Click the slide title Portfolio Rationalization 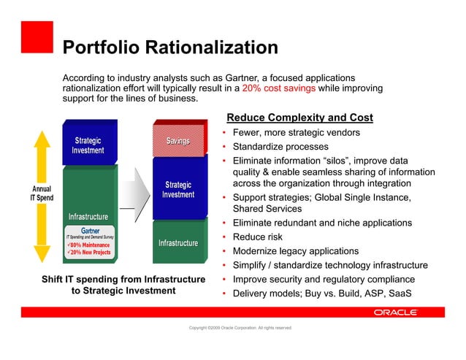click(170, 48)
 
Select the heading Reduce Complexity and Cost click(299, 118)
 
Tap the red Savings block click(177, 140)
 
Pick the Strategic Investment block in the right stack click(177, 190)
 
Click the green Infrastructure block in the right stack click(177, 242)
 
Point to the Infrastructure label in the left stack click(88, 217)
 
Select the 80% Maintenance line click(89, 245)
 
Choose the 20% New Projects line click(89, 253)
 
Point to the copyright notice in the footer click(240, 328)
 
